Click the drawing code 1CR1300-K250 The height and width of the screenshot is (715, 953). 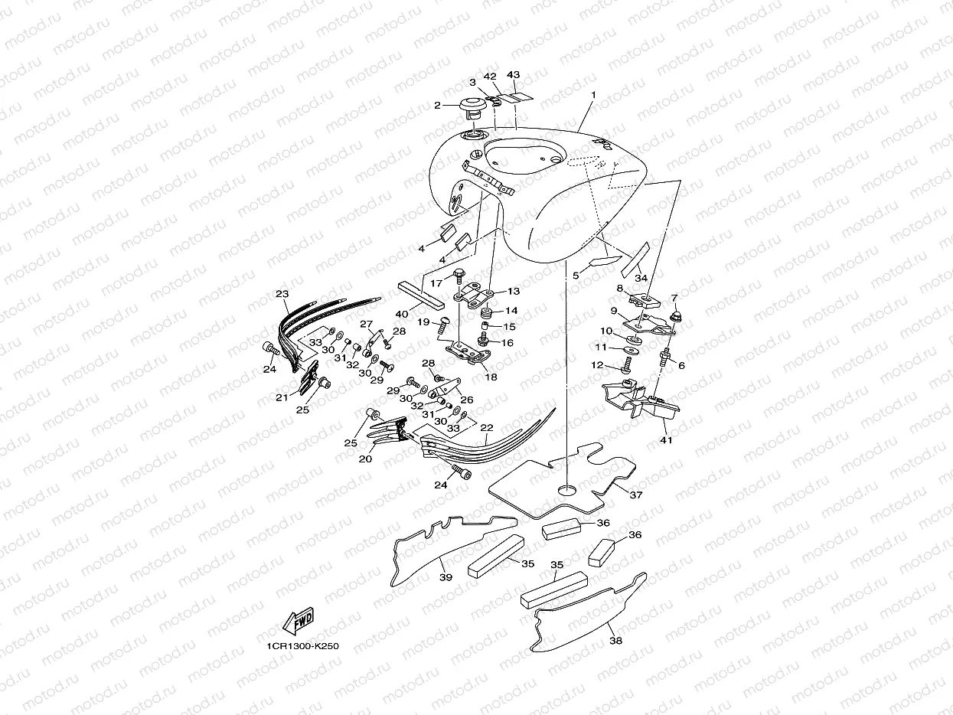(303, 646)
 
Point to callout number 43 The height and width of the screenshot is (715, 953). (513, 76)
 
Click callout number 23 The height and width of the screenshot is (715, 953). (282, 295)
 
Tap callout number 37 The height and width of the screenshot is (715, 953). (635, 495)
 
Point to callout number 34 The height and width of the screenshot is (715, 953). (641, 278)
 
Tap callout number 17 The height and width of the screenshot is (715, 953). (436, 282)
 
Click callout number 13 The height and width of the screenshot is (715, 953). (513, 292)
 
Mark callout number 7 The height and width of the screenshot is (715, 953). (674, 298)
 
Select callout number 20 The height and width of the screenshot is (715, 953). (366, 459)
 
